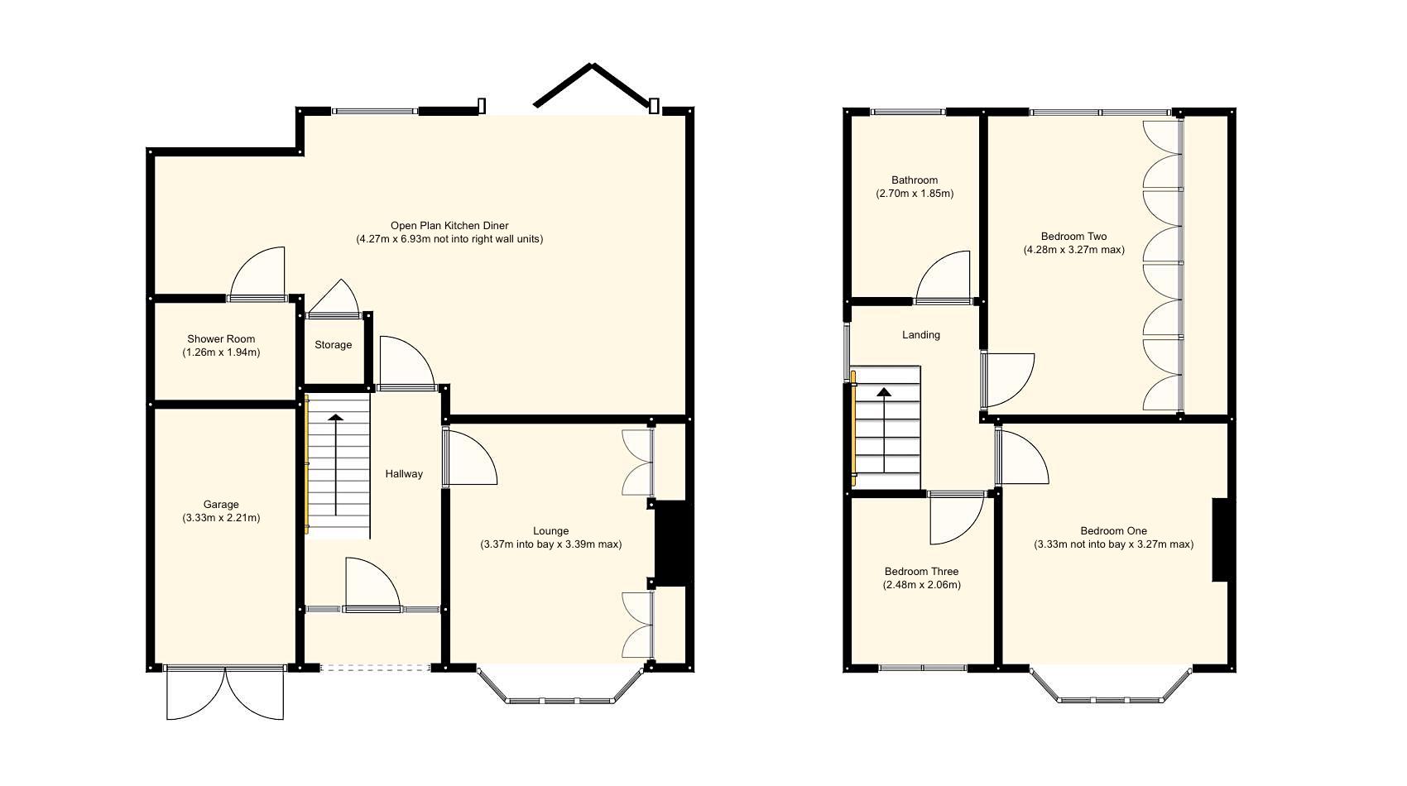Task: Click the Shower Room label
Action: (221, 338)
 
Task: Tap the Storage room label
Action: (333, 345)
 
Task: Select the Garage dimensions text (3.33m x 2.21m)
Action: (221, 519)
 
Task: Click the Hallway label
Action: (404, 474)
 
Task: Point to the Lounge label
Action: (550, 531)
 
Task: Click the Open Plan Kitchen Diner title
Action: (449, 225)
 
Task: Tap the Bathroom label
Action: (915, 180)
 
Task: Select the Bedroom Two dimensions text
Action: (1073, 250)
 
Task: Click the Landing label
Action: (921, 335)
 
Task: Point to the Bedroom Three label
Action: (921, 572)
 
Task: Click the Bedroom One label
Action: (1113, 531)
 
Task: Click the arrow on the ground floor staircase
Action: (335, 463)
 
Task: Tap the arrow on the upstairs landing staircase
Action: (884, 430)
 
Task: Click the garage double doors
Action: (225, 693)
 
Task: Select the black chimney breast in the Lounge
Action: (670, 543)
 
